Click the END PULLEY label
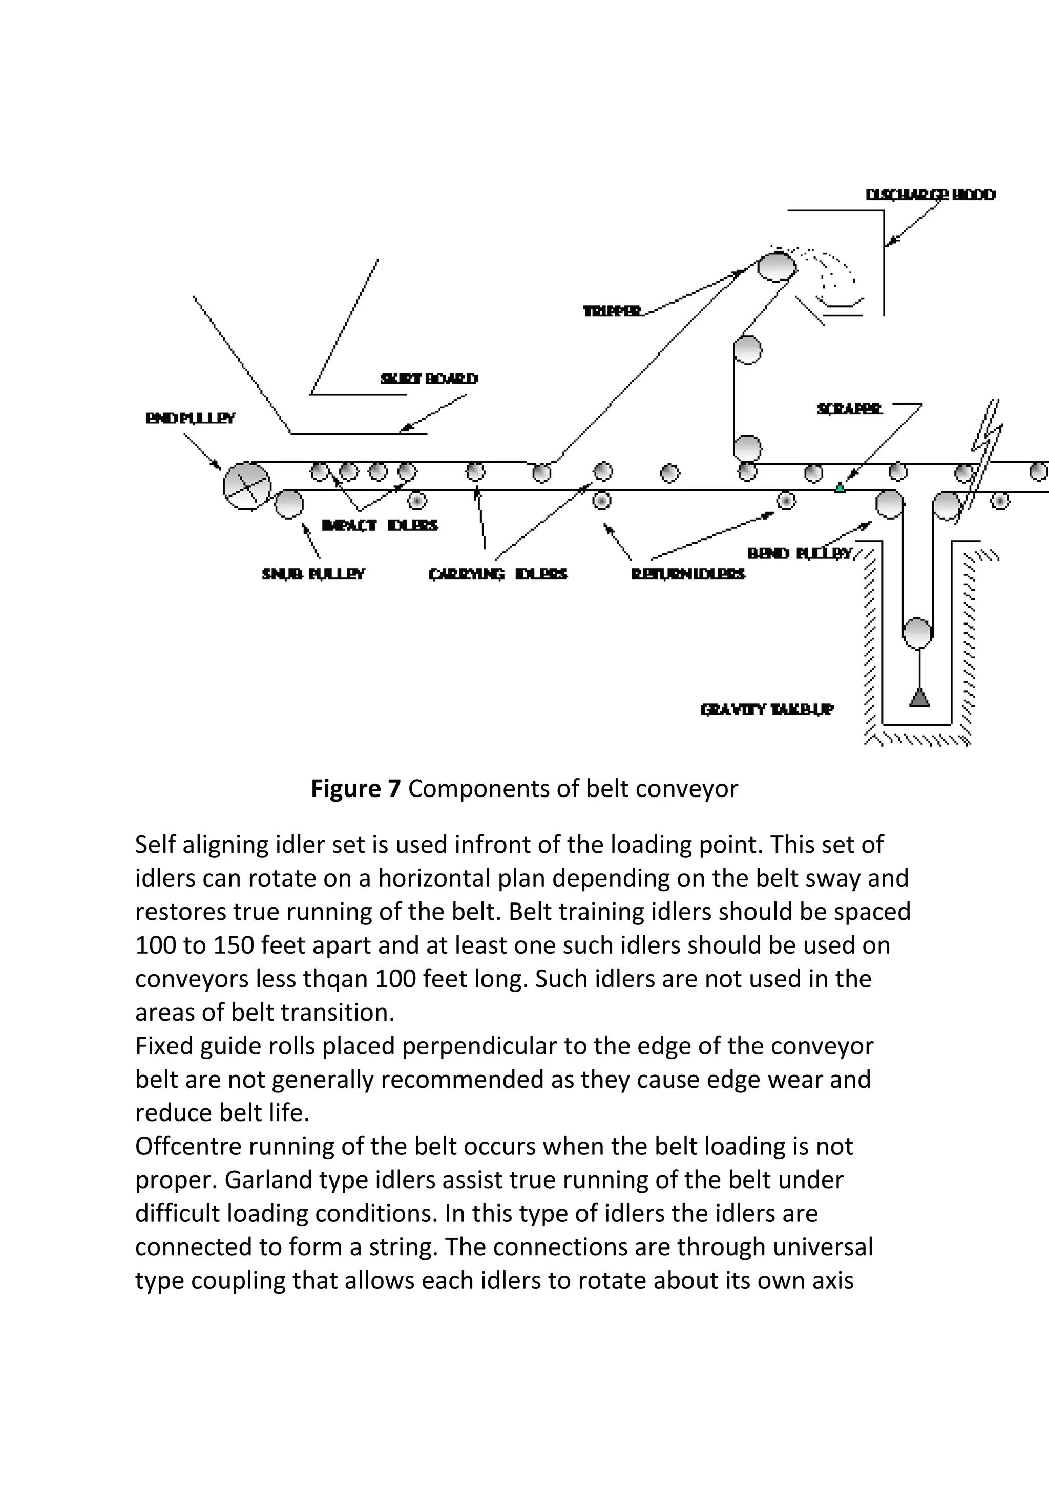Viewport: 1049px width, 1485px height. pyautogui.click(x=190, y=418)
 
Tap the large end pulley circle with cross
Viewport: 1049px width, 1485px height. pyautogui.click(x=246, y=486)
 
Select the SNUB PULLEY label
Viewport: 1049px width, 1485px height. pyautogui.click(x=313, y=574)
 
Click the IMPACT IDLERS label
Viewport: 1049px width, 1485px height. pyautogui.click(x=380, y=525)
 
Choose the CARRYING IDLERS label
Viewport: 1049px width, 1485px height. pyautogui.click(x=498, y=574)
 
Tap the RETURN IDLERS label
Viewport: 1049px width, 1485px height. pyautogui.click(x=688, y=574)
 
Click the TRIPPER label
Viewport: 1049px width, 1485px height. pyautogui.click(x=612, y=312)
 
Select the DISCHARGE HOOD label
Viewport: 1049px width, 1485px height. pyautogui.click(x=931, y=195)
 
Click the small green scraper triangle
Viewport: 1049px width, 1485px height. pyautogui.click(x=840, y=488)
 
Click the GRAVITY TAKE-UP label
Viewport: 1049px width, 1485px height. pyautogui.click(x=767, y=710)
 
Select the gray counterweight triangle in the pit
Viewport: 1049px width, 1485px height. pyautogui.click(x=919, y=698)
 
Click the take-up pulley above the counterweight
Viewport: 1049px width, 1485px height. pyautogui.click(x=918, y=633)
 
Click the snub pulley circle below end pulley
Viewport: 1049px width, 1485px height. pyautogui.click(x=288, y=505)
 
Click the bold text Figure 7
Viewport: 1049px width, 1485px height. pyautogui.click(x=356, y=789)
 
